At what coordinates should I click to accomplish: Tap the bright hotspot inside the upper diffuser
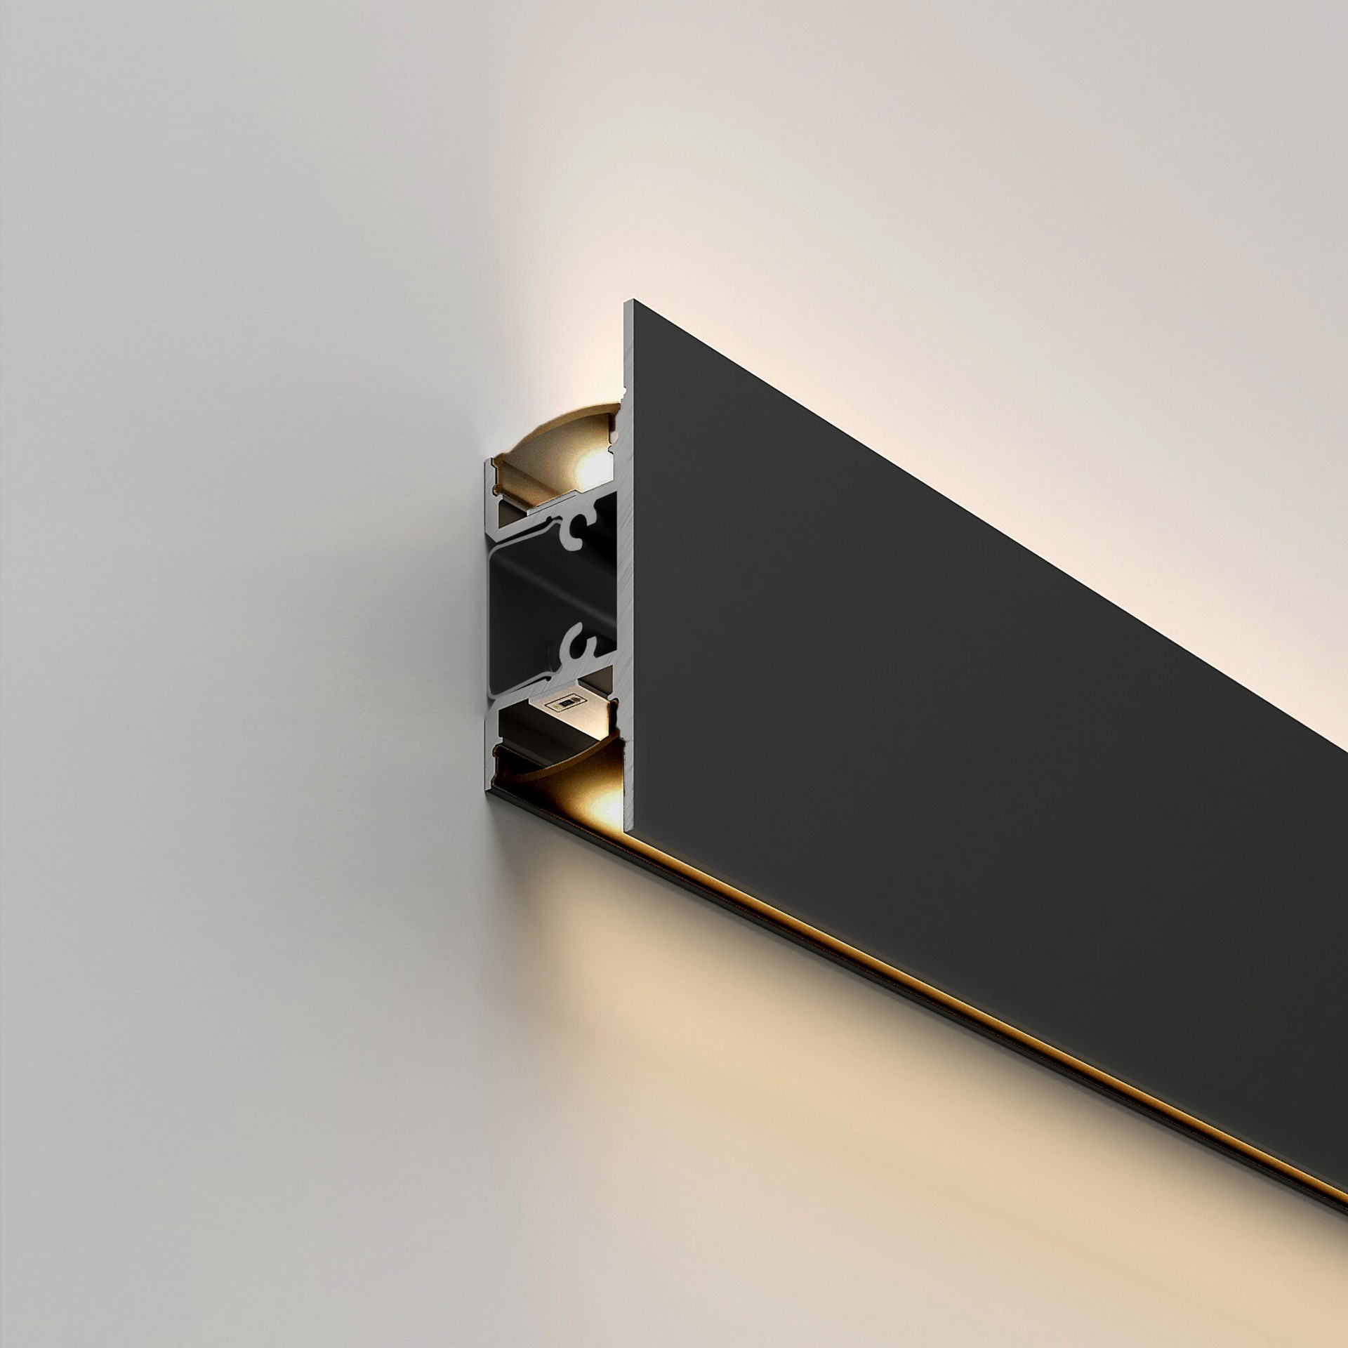tap(588, 463)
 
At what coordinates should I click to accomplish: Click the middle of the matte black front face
tap(983, 632)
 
